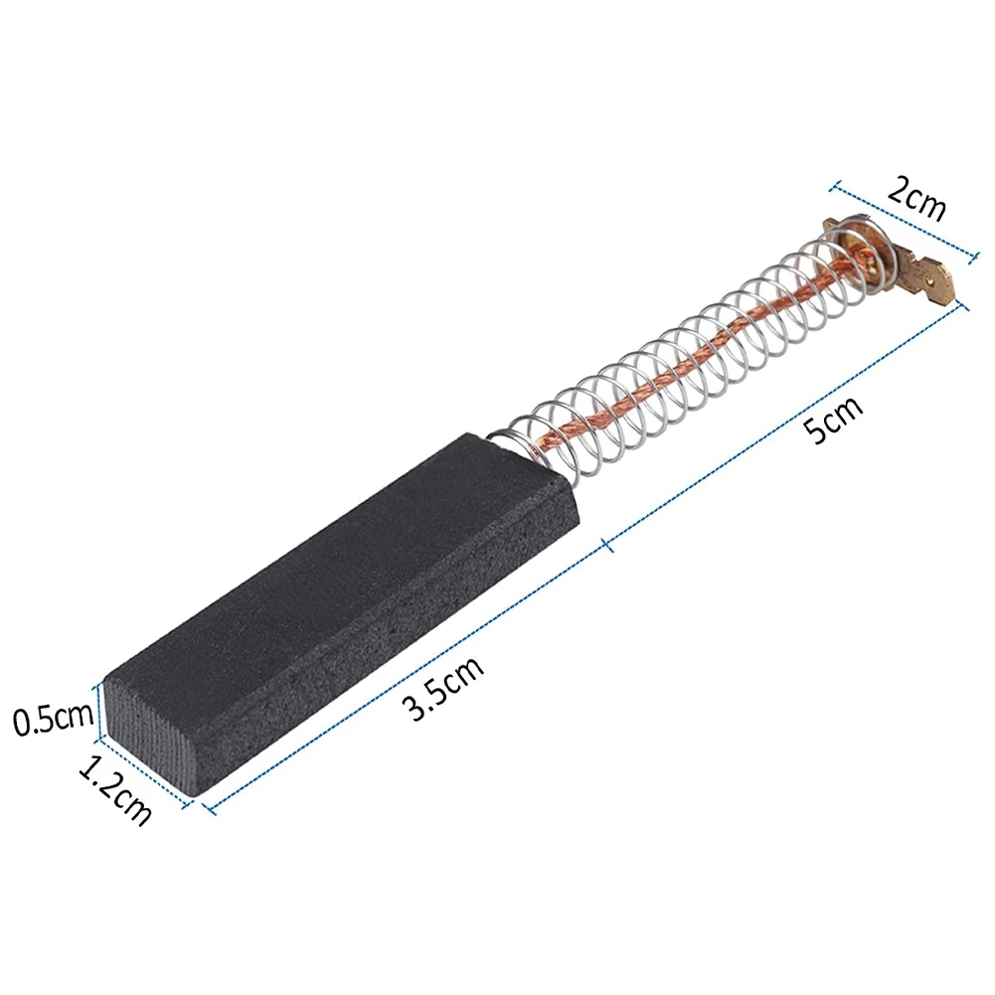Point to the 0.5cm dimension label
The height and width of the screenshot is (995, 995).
tap(51, 719)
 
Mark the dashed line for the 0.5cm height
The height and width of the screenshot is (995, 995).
tap(97, 712)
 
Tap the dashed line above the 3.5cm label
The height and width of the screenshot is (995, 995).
tap(408, 675)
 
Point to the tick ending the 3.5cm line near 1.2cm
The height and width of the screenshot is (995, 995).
tap(210, 807)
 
